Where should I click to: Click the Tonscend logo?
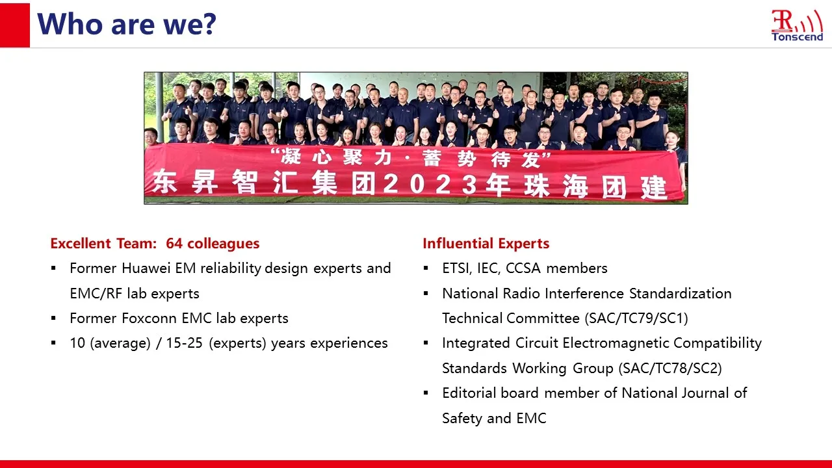(797, 25)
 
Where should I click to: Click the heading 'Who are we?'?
(127, 24)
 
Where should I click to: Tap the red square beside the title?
(15, 25)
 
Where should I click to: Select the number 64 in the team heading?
(174, 244)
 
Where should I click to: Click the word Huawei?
(146, 268)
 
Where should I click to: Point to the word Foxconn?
(149, 318)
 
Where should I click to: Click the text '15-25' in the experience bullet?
(184, 343)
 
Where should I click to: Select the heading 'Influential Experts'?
(486, 244)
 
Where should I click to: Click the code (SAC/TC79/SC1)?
(636, 318)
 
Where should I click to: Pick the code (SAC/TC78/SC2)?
(670, 369)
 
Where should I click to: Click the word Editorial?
(469, 393)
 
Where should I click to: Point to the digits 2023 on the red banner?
(430, 184)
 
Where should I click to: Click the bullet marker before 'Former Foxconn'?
(54, 318)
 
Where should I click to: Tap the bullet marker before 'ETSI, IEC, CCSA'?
(426, 268)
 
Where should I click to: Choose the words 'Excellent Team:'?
(103, 244)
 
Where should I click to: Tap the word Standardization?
(680, 293)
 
